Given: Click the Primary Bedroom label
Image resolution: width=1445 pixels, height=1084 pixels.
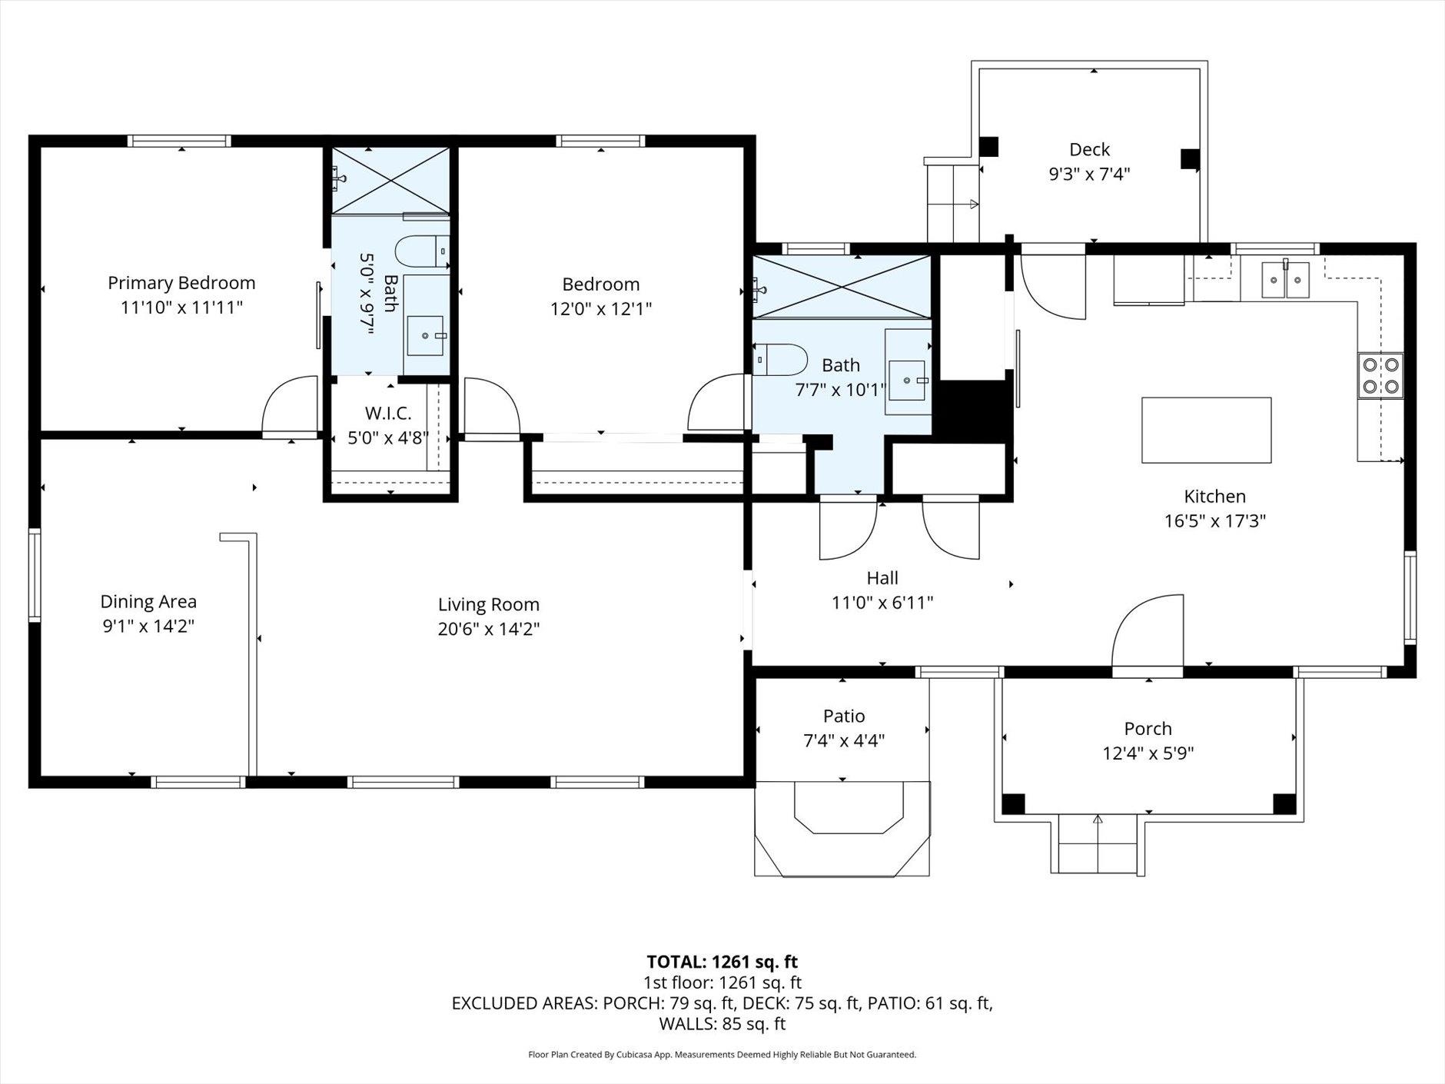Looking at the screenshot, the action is tap(181, 283).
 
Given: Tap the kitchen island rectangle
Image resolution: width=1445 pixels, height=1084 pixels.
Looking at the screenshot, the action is tap(1206, 430).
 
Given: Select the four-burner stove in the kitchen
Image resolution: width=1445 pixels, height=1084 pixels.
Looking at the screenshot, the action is tap(1380, 375).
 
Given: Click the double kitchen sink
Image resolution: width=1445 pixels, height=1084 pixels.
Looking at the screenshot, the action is tap(1286, 279).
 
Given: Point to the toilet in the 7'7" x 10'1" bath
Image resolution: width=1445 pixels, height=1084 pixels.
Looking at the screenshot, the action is tap(779, 360).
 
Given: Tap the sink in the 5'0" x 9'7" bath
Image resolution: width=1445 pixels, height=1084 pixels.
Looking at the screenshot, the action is tap(426, 335).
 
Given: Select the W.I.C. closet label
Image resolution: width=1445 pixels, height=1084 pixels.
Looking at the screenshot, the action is tap(388, 414).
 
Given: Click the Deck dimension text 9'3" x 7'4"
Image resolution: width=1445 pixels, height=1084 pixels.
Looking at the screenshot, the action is tap(1089, 174).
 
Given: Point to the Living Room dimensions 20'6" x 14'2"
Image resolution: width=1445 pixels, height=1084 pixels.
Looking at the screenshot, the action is tap(489, 629).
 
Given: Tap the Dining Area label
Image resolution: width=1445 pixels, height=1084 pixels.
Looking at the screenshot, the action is tap(148, 601).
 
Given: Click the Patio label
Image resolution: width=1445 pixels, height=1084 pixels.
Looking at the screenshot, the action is tap(844, 716).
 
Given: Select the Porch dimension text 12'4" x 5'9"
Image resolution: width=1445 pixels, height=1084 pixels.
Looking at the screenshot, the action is tap(1148, 753).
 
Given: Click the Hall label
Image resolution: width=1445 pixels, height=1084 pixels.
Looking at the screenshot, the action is tap(882, 577).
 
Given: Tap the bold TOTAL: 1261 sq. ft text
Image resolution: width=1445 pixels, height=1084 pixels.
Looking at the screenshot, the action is tap(722, 962).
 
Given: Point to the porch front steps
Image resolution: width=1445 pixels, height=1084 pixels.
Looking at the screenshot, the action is tap(1098, 843).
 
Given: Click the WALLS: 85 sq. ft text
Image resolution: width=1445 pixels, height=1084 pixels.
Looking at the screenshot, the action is tap(722, 1023).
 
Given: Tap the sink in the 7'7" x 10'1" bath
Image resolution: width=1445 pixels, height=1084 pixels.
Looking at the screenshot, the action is tap(908, 380).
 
